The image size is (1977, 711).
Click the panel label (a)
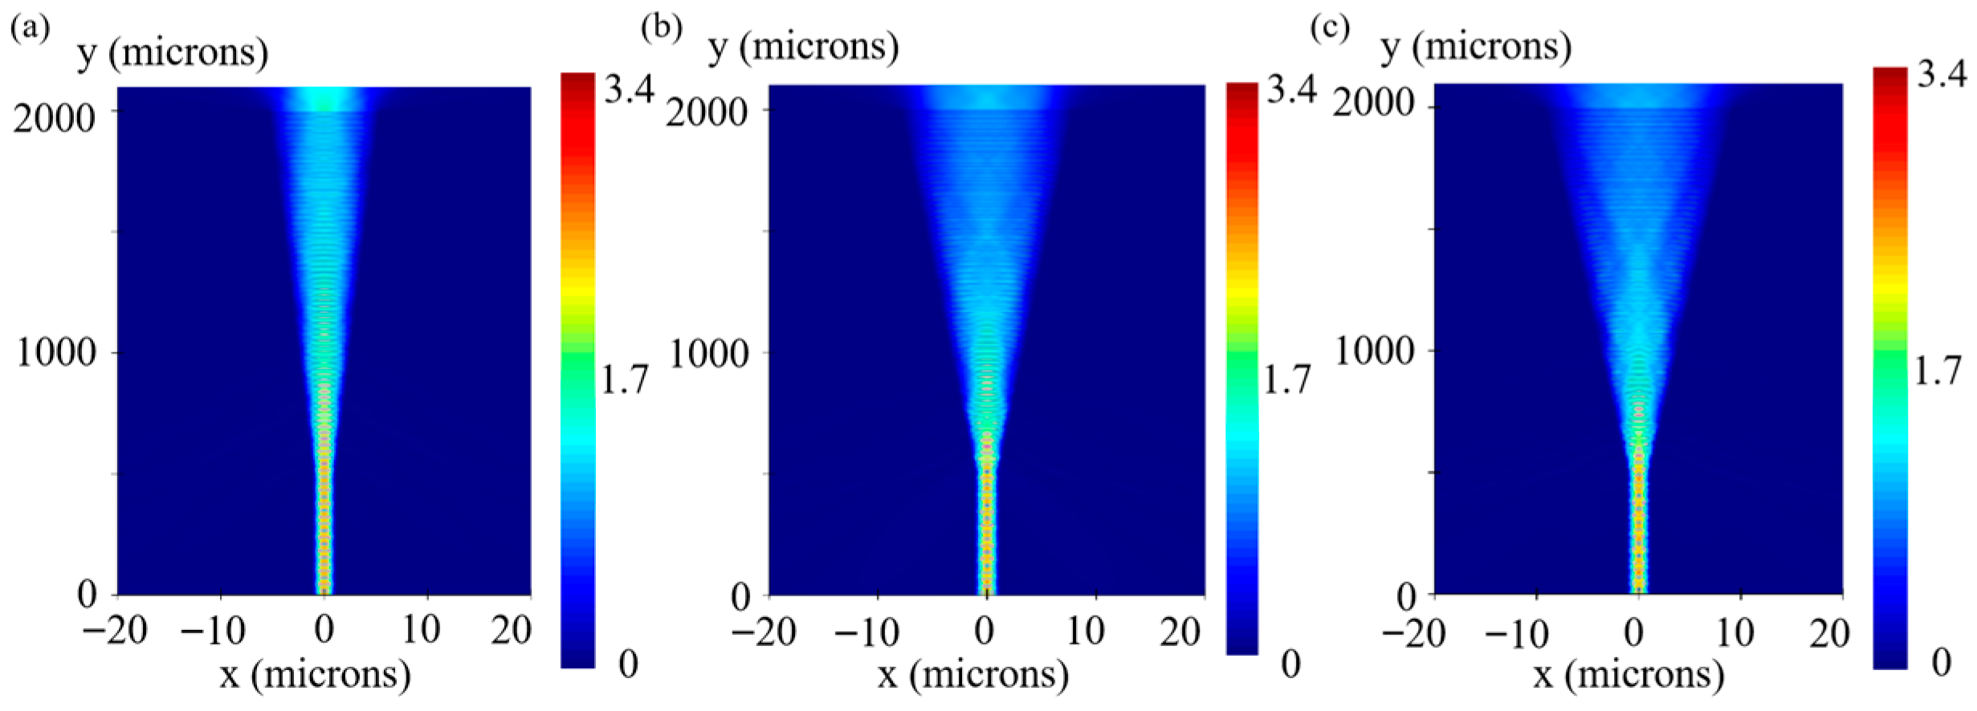tap(30, 30)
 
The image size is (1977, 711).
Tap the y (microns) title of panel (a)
tap(173, 53)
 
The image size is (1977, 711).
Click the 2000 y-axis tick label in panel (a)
tap(55, 119)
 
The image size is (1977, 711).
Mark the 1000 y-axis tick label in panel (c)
tap(1373, 351)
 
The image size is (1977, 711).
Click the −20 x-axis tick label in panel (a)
tap(116, 631)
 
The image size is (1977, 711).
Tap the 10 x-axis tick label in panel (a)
tap(420, 631)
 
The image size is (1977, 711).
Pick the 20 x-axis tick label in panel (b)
tap(1180, 632)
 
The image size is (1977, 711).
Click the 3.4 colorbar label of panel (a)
tap(630, 88)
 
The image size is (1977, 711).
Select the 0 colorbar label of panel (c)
tap(1940, 663)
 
